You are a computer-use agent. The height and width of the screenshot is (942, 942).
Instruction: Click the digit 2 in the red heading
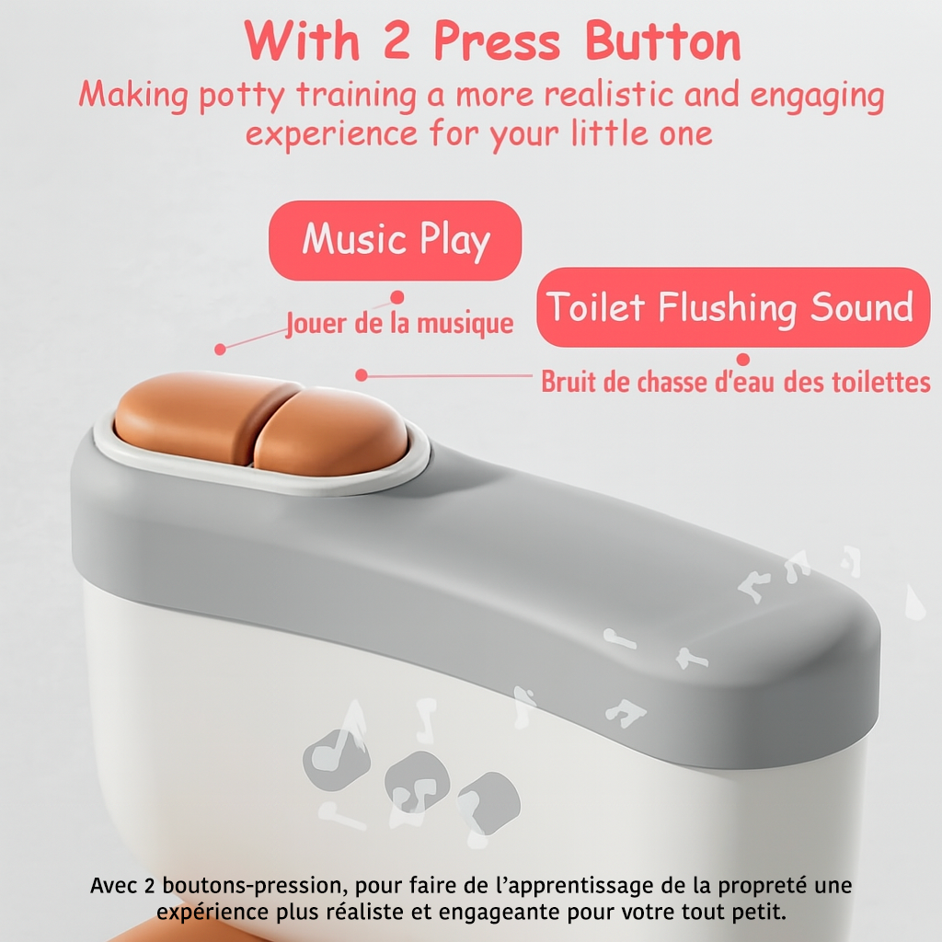point(396,40)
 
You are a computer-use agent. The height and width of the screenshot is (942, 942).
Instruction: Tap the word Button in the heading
point(662,40)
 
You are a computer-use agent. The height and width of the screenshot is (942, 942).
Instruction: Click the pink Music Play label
point(396,240)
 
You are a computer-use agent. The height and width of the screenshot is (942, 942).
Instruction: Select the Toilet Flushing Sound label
point(733,307)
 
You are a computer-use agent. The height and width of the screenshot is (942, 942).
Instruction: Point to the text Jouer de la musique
point(399,324)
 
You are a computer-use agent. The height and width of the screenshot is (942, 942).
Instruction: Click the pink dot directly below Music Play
point(397,297)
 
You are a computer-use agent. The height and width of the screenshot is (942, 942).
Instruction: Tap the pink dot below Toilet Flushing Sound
point(743,360)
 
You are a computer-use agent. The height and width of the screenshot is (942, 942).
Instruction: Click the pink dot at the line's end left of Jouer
point(221,349)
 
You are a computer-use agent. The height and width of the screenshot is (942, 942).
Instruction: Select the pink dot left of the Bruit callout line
point(361,375)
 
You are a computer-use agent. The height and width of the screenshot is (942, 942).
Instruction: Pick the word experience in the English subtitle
point(331,134)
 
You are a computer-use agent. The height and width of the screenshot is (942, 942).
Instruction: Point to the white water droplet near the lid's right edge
point(914,603)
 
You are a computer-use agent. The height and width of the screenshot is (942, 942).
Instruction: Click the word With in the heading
point(302,40)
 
